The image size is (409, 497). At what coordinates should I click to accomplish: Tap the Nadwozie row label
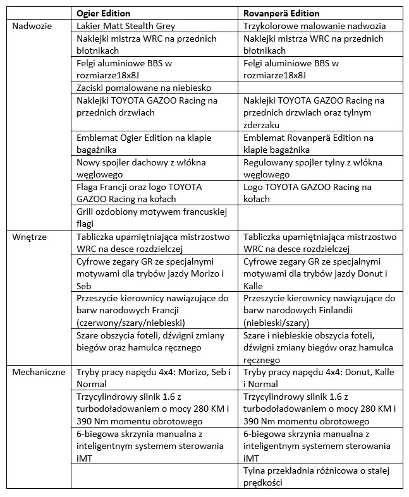click(32, 27)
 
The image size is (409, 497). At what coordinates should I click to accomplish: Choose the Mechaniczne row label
click(39, 372)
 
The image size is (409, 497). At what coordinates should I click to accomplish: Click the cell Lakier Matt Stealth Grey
click(126, 27)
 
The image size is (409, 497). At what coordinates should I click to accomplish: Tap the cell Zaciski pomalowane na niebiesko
click(143, 88)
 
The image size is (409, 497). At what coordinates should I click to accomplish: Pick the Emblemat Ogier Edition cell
click(143, 143)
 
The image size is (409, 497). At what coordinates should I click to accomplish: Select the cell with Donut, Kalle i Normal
click(319, 378)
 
